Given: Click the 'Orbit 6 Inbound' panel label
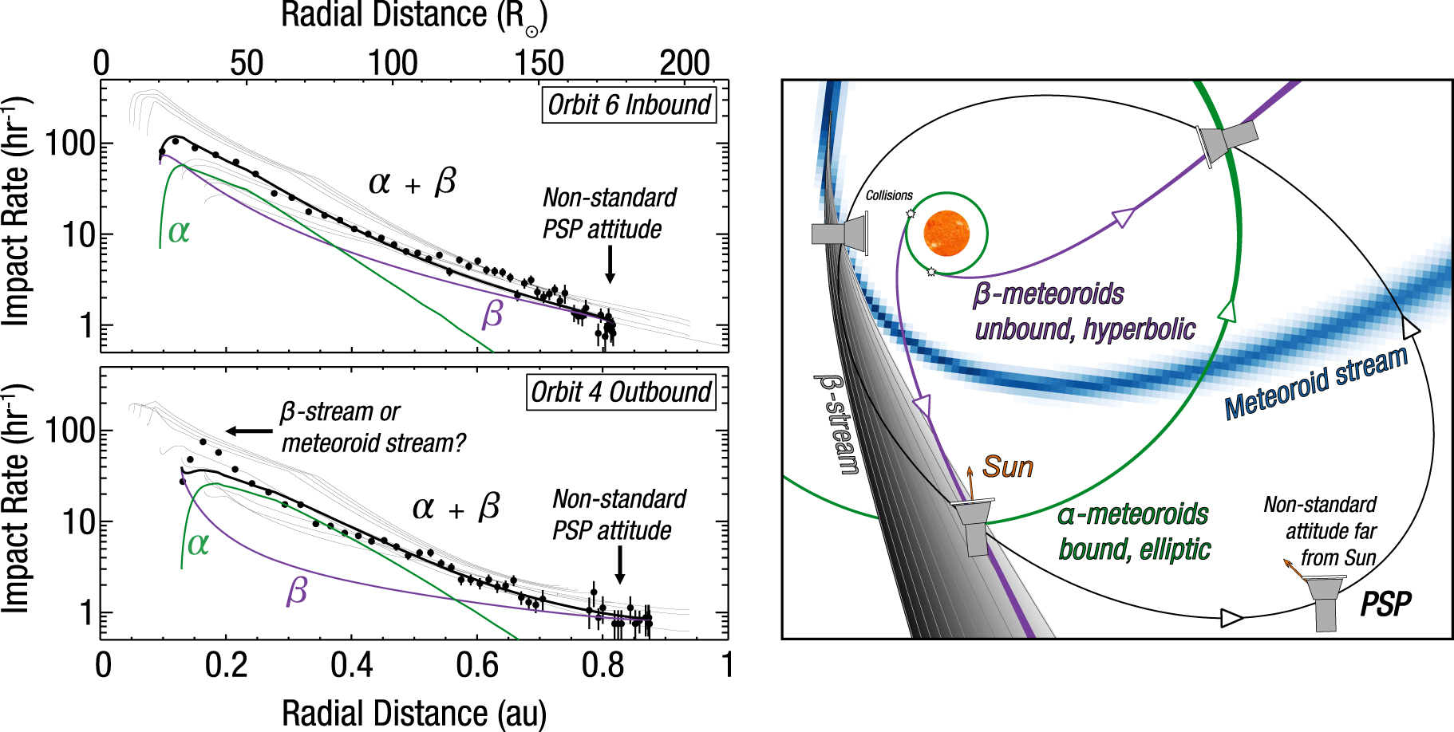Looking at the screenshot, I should click(x=629, y=104).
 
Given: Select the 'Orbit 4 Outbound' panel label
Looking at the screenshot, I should click(x=621, y=392).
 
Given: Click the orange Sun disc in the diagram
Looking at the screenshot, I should click(x=946, y=234).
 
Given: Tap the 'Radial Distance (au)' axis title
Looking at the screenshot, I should click(x=414, y=713).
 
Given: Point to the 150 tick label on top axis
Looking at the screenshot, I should click(x=539, y=63).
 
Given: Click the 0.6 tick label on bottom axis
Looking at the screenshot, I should click(x=477, y=665).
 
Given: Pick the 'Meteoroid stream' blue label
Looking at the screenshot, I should click(x=1316, y=382).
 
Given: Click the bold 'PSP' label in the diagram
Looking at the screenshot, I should click(x=1385, y=604).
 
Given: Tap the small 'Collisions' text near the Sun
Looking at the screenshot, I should click(x=889, y=195).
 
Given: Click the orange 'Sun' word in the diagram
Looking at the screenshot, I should click(x=1008, y=466).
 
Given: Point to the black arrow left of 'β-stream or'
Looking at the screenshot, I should click(x=249, y=431).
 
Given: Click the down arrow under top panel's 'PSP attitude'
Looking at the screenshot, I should click(x=610, y=264).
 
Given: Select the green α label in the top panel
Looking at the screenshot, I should click(x=179, y=231).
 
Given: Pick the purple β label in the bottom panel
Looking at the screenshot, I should click(x=297, y=591).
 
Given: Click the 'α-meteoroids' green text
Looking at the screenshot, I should click(x=1133, y=514).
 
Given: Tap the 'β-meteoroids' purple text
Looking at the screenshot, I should click(x=1048, y=294).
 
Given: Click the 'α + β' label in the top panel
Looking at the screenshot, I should click(x=412, y=183).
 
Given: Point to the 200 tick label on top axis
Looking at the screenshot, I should click(x=685, y=63).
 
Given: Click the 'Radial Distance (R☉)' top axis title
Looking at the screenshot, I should click(x=414, y=16).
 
